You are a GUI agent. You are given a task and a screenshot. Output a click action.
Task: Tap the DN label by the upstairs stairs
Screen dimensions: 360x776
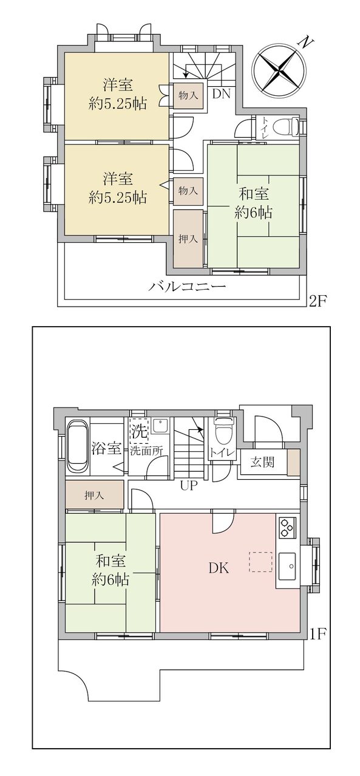tap(221, 94)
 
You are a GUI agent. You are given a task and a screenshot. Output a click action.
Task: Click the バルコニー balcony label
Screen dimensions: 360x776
tap(188, 287)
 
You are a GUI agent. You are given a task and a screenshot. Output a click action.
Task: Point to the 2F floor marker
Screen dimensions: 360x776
tap(318, 301)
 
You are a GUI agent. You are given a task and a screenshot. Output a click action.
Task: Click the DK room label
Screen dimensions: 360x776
tap(219, 568)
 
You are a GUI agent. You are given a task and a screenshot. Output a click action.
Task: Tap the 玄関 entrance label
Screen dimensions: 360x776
tap(262, 461)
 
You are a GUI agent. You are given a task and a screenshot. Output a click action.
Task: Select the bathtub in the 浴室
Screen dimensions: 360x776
tap(78, 446)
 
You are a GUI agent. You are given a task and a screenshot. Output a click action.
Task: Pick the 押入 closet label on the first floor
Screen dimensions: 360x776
tap(94, 495)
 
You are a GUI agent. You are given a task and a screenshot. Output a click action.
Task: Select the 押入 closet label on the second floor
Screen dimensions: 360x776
tap(188, 239)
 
